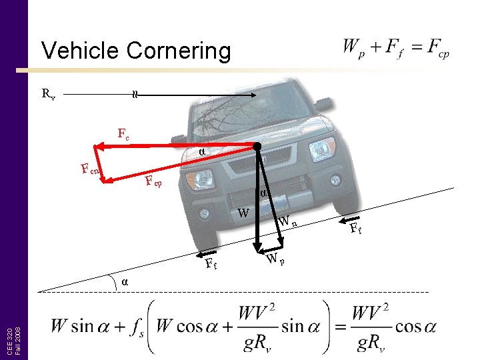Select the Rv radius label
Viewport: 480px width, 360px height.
[48, 95]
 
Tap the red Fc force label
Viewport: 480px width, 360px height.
[123, 134]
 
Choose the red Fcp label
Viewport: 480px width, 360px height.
[153, 181]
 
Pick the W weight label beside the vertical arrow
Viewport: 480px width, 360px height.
[244, 213]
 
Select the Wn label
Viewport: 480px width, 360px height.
[287, 221]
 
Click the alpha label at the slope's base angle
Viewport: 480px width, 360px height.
[125, 281]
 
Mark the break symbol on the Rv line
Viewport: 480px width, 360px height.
[135, 95]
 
